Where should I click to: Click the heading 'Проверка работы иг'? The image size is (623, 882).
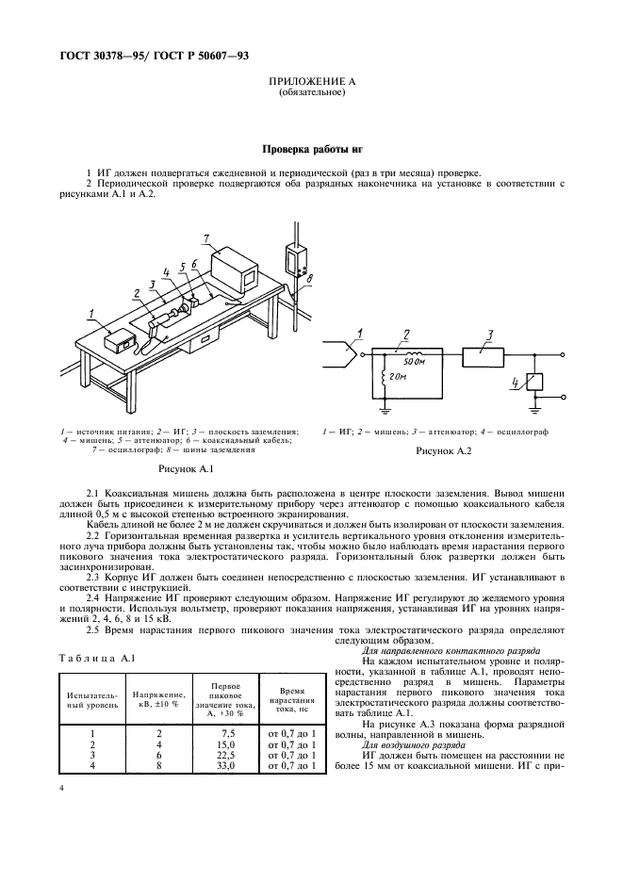click(311, 149)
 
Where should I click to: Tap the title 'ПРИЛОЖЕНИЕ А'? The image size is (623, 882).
click(311, 83)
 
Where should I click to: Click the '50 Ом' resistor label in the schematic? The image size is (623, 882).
click(413, 363)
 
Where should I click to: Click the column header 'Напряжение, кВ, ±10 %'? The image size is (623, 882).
click(151, 699)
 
